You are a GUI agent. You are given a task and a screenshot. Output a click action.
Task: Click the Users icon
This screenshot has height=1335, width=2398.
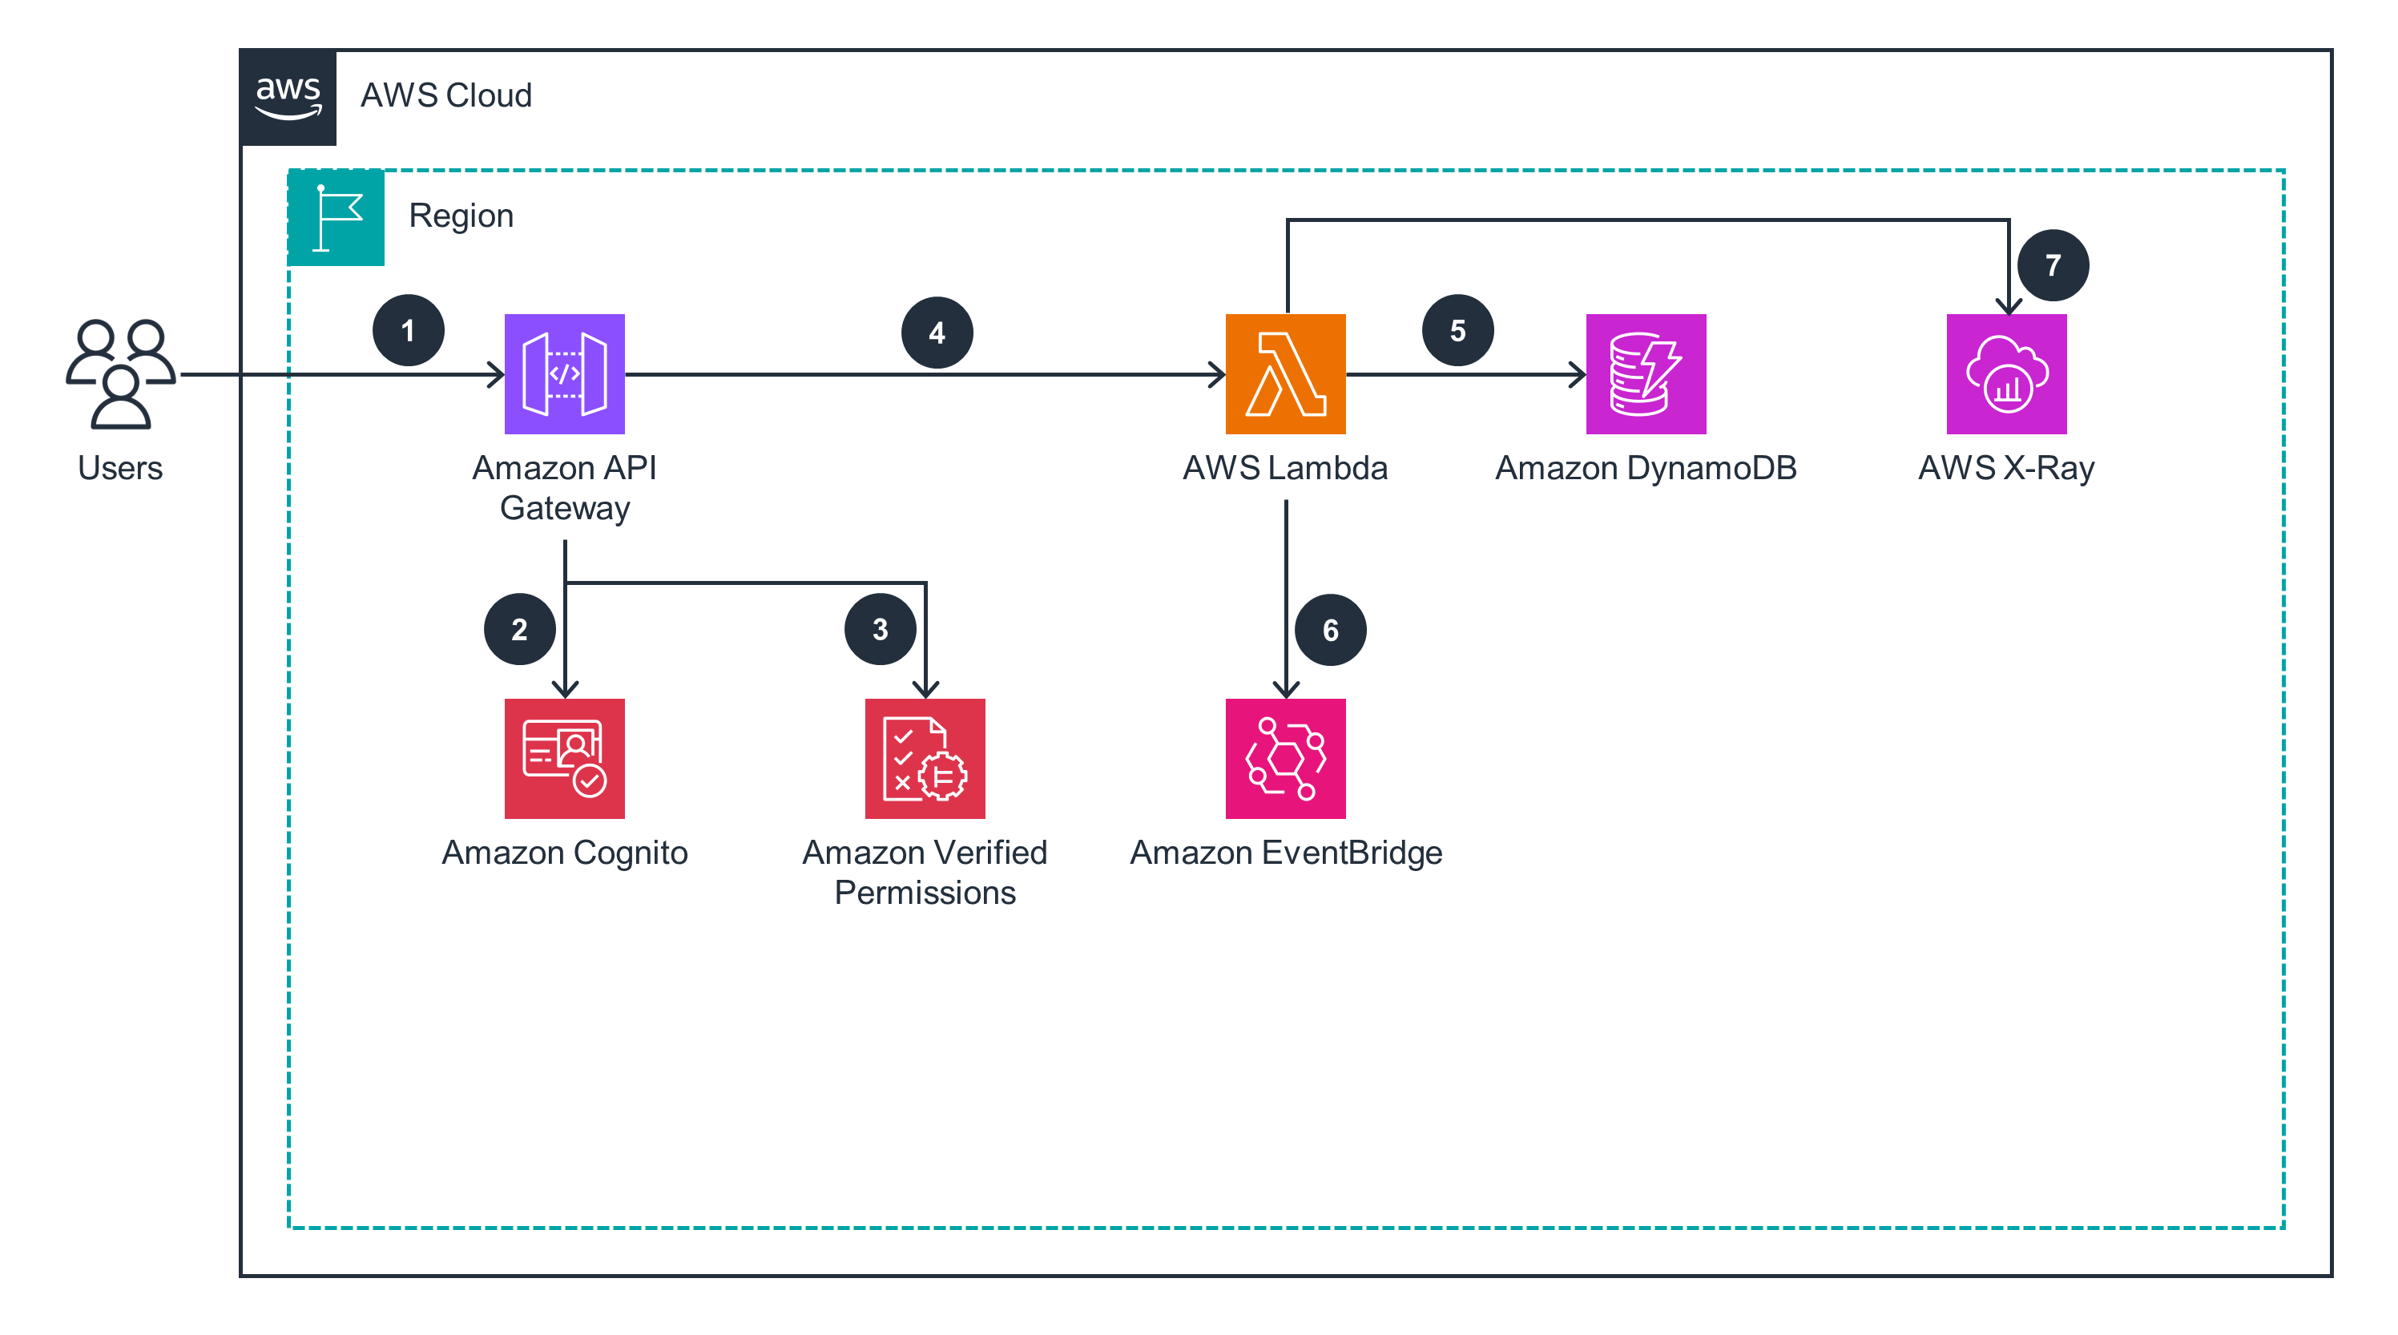click(120, 373)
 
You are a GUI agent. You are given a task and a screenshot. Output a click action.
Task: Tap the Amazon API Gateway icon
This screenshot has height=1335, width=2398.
click(564, 373)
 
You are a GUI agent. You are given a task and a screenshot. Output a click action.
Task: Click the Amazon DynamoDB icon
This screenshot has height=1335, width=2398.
click(1645, 373)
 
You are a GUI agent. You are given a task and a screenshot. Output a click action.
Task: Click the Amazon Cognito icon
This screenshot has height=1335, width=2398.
click(564, 758)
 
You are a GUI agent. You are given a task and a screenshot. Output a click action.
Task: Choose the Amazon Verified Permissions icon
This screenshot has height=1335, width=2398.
click(925, 758)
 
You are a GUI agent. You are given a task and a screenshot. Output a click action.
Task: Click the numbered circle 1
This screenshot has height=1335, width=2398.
click(408, 330)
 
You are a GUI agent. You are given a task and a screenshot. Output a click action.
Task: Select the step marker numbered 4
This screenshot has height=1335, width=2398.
click(937, 333)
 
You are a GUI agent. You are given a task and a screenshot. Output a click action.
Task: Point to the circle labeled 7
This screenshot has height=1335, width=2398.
click(2052, 265)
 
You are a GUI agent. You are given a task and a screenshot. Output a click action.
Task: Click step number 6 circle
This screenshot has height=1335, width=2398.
click(1329, 631)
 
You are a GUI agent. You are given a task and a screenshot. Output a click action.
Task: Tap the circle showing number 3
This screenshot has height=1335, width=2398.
click(880, 629)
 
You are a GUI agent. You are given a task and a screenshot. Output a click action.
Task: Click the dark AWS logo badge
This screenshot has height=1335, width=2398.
click(288, 98)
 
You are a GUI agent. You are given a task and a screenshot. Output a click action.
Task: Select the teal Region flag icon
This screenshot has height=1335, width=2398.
click(336, 218)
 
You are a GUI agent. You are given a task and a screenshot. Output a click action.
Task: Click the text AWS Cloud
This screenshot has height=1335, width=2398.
click(446, 96)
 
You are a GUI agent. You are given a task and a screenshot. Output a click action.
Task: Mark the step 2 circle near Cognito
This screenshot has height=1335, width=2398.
click(519, 629)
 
